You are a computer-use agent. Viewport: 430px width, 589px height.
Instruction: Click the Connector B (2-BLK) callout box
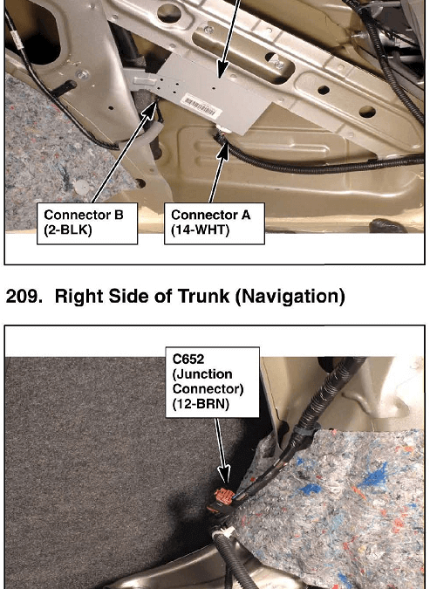[87, 223]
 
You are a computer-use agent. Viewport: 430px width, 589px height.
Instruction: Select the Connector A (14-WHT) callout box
[215, 223]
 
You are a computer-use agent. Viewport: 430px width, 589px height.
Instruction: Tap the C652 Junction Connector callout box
[213, 382]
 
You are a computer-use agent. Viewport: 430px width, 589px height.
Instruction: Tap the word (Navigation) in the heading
[290, 297]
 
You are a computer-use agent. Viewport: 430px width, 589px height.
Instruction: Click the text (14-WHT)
[200, 229]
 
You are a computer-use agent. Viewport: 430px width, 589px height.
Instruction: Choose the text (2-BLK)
[68, 229]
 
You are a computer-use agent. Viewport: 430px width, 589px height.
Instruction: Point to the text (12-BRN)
[201, 404]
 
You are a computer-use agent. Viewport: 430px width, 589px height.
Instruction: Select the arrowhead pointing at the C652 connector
[224, 476]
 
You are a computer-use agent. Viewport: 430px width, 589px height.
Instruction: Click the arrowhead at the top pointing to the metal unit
[222, 71]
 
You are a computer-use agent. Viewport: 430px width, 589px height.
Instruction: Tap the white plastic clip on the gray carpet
[78, 186]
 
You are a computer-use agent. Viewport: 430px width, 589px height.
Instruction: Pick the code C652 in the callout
[188, 360]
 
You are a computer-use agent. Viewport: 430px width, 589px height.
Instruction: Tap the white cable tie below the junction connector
[222, 532]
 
